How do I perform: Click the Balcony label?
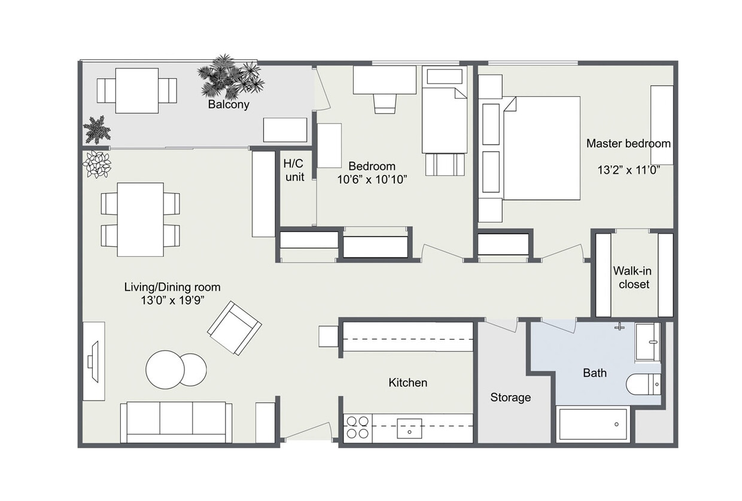(x=228, y=105)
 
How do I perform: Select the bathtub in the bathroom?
(x=592, y=424)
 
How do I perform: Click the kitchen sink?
(x=409, y=429)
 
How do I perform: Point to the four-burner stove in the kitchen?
(x=357, y=429)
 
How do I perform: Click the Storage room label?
(x=510, y=397)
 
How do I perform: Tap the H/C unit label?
(x=294, y=170)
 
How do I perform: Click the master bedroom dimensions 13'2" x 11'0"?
(x=628, y=170)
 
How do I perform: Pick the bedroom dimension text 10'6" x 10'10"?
(x=372, y=179)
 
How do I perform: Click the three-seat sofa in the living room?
(x=176, y=422)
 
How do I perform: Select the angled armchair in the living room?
(x=234, y=328)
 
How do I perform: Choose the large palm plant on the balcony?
(x=230, y=77)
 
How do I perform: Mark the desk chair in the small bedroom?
(x=385, y=102)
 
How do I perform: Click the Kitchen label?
(x=408, y=383)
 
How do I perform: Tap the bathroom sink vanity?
(x=647, y=342)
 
